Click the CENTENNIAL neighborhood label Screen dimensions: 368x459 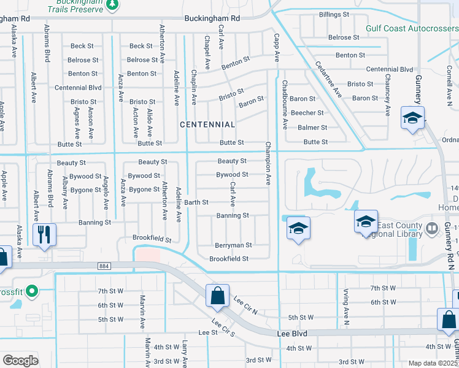click(207, 125)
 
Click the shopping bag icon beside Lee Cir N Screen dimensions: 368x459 click(217, 295)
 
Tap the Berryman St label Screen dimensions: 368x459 click(233, 245)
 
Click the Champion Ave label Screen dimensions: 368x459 click(268, 164)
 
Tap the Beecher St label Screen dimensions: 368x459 click(307, 113)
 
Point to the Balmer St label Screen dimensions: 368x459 click(312, 128)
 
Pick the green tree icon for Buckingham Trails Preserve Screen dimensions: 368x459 click(112, 5)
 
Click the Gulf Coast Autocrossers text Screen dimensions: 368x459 click(411, 28)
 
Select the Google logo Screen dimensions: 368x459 click(20, 361)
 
